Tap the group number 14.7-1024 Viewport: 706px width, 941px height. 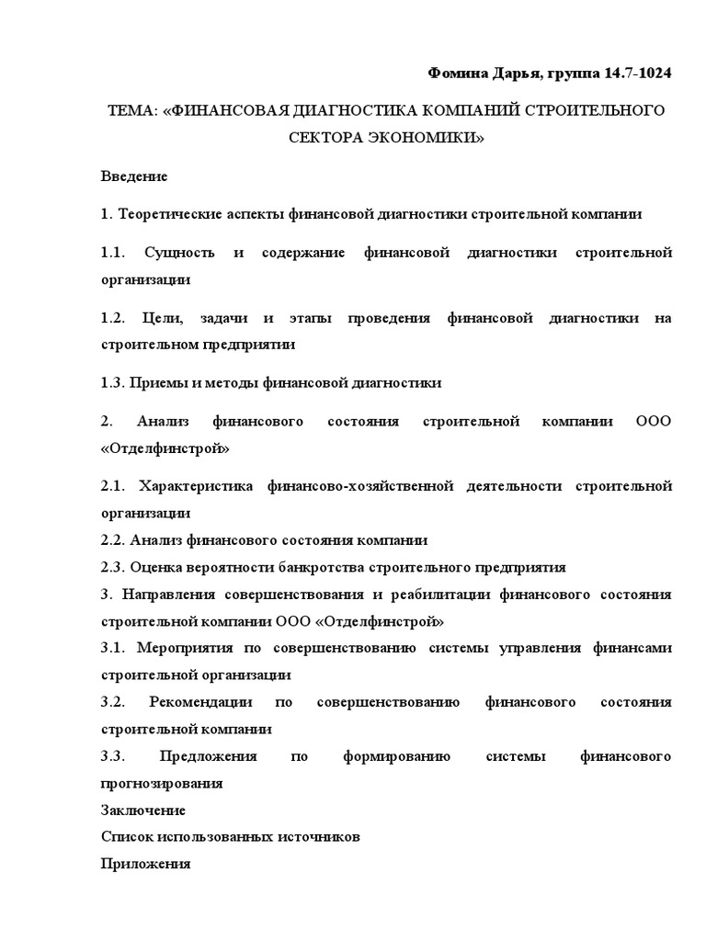coord(636,73)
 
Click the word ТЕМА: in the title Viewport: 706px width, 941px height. coord(132,110)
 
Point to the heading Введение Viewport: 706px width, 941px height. coord(134,175)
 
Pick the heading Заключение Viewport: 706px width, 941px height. coord(143,811)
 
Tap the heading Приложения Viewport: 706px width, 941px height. coord(145,864)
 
